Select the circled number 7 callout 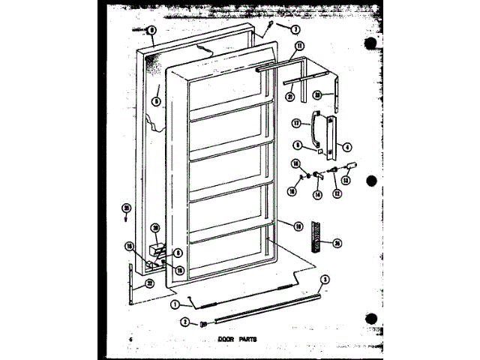[295, 30]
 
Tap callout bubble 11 [300, 46]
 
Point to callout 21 [289, 95]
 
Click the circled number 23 [317, 95]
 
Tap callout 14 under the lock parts [318, 195]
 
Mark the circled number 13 [346, 180]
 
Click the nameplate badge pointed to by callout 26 [317, 235]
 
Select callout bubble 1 [175, 304]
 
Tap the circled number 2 [183, 323]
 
